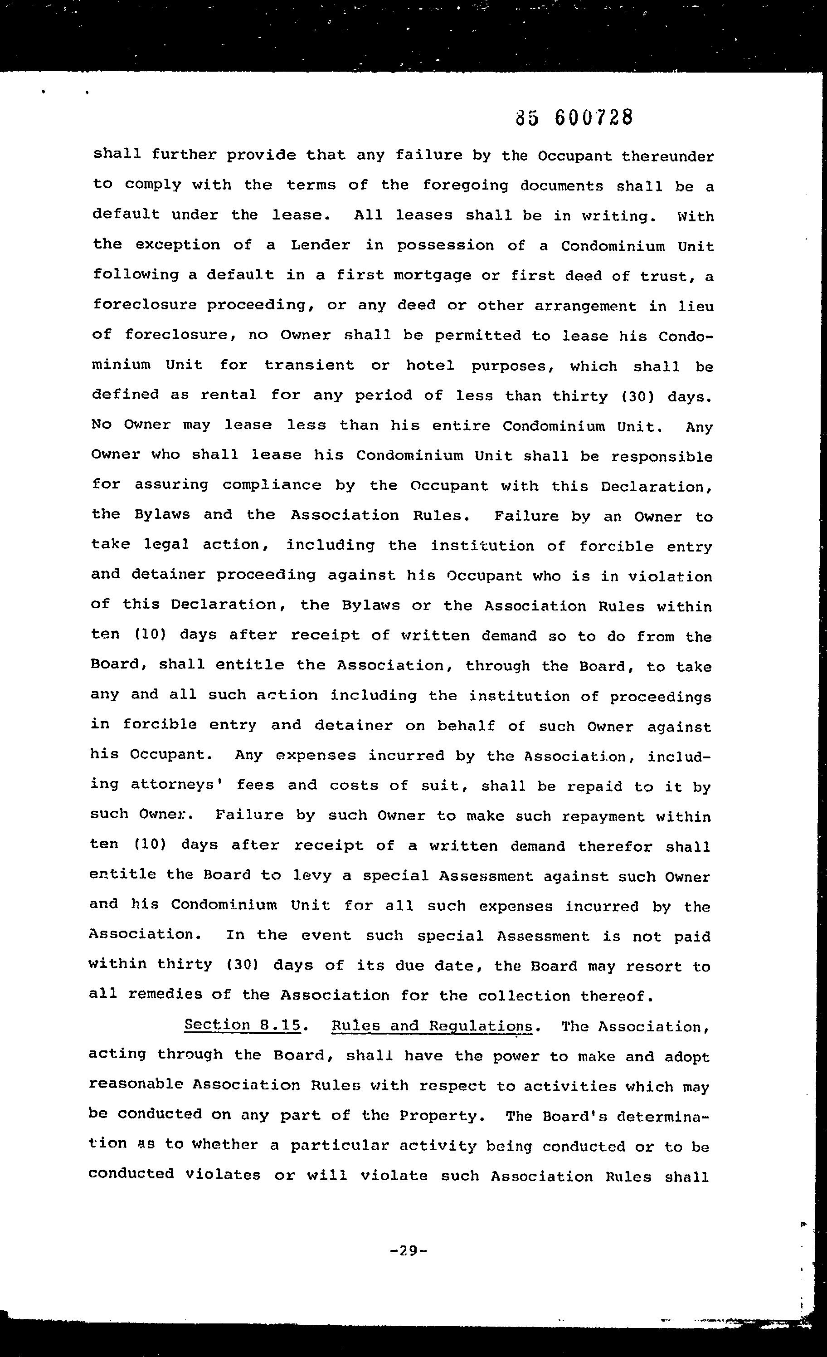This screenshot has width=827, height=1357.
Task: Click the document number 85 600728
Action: tap(574, 117)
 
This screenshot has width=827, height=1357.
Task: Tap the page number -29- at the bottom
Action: tap(408, 1251)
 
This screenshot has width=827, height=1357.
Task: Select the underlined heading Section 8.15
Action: tap(243, 1025)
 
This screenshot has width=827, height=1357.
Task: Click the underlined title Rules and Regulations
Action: tap(432, 1026)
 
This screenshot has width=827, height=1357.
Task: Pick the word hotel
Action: tap(430, 366)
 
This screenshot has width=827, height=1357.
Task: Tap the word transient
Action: tap(309, 365)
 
